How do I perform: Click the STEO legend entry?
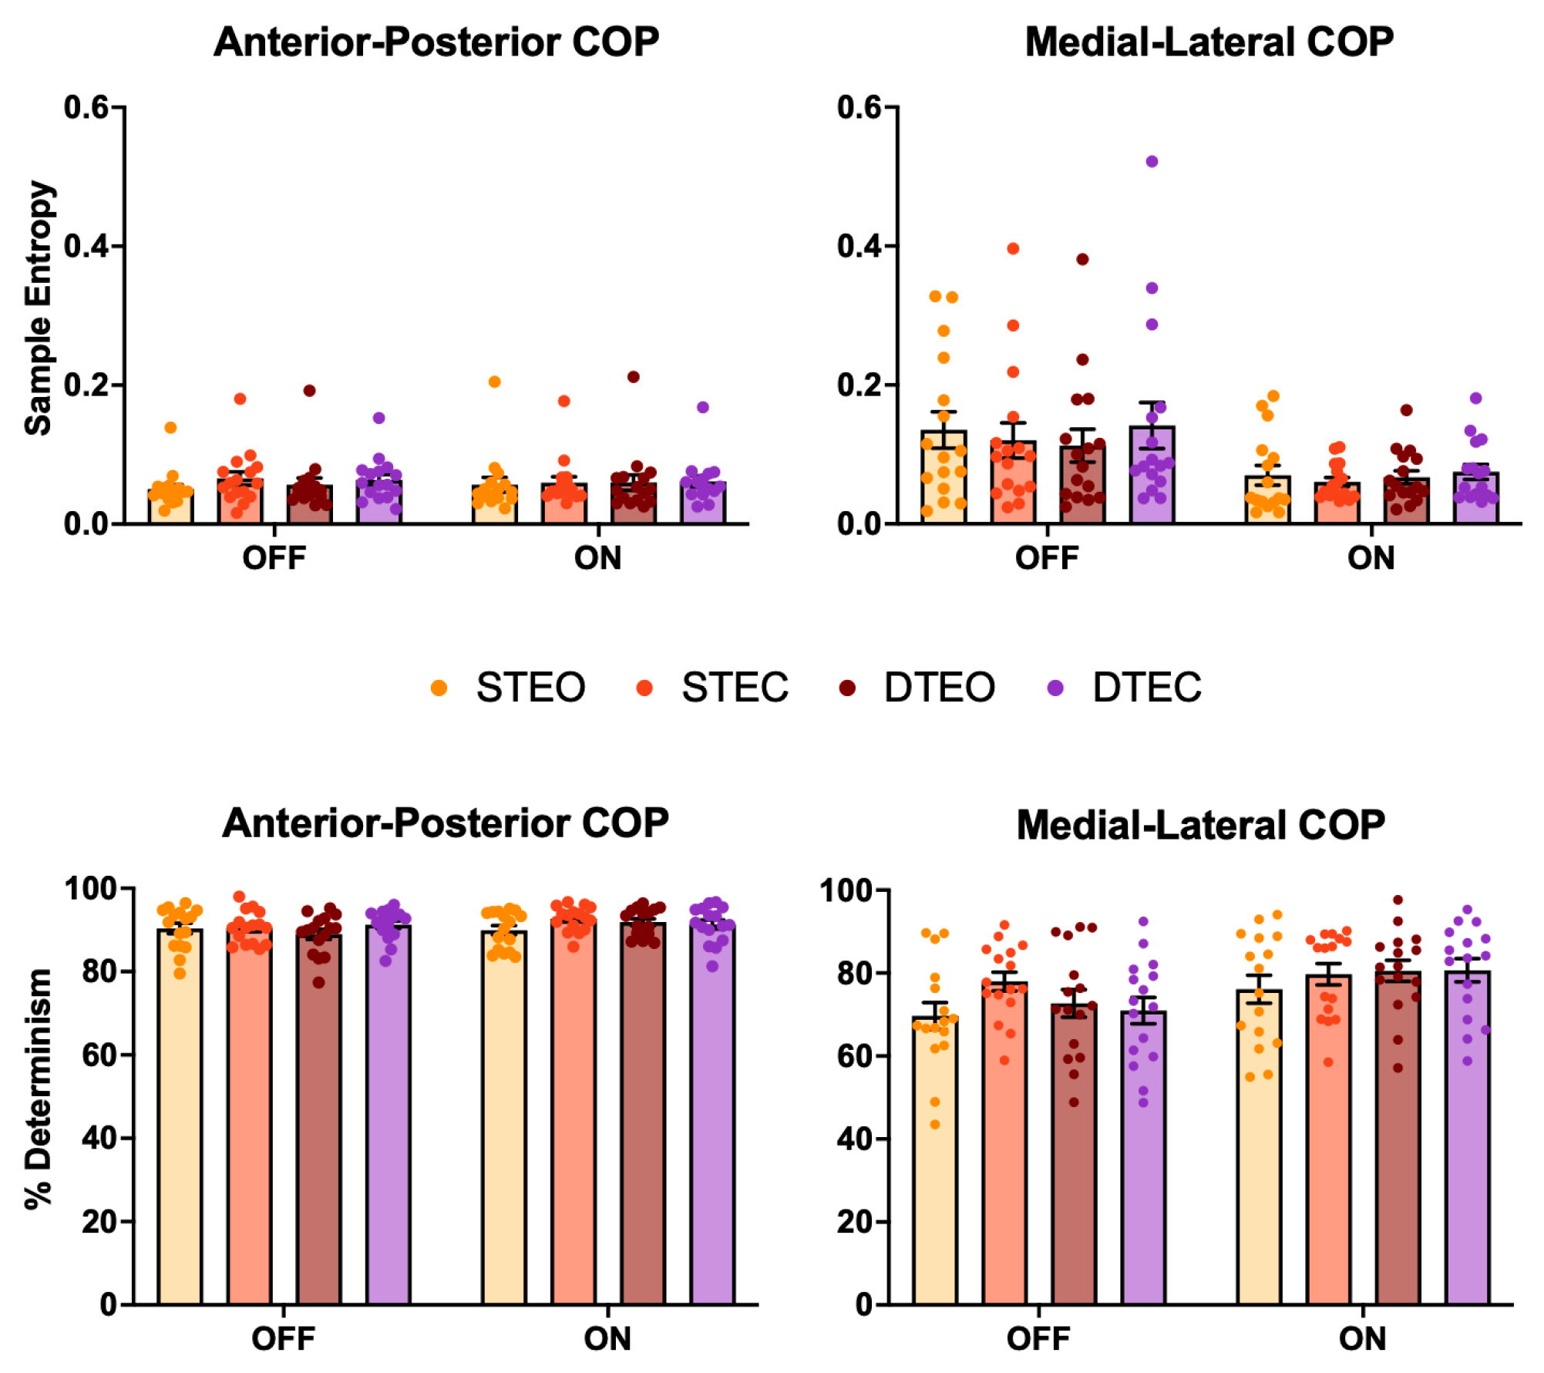pyautogui.click(x=530, y=687)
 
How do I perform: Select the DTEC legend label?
pyautogui.click(x=1146, y=687)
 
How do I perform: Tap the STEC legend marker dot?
pyautogui.click(x=644, y=688)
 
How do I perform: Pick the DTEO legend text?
pyautogui.click(x=939, y=687)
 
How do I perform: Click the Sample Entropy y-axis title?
pyautogui.click(x=39, y=308)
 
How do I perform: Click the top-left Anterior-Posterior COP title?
pyautogui.click(x=436, y=42)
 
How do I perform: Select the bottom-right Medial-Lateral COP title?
pyautogui.click(x=1200, y=825)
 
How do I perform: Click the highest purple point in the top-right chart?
pyautogui.click(x=1152, y=162)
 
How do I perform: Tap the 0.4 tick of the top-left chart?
pyautogui.click(x=86, y=247)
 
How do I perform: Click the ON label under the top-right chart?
pyautogui.click(x=1371, y=558)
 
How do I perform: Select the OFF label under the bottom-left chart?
pyautogui.click(x=283, y=1339)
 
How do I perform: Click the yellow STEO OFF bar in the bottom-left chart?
pyautogui.click(x=180, y=1118)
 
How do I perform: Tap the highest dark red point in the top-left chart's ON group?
pyautogui.click(x=633, y=377)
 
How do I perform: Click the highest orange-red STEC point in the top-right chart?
pyautogui.click(x=1013, y=249)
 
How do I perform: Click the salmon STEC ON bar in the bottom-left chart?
pyautogui.click(x=574, y=1118)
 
